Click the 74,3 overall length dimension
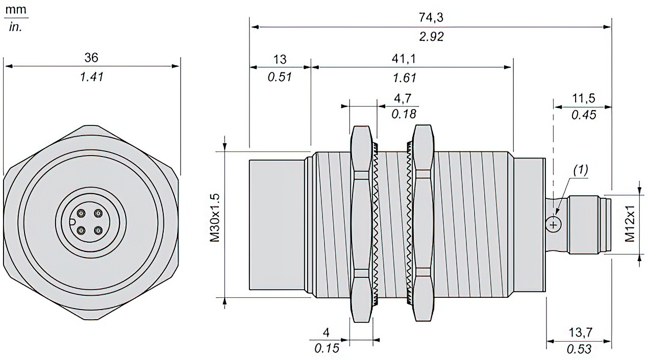pos(431,18)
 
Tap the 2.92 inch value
pos(431,37)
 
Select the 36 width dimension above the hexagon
pos(91,58)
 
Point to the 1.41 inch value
pos(91,77)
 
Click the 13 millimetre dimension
pos(280,59)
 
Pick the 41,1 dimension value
pos(404,59)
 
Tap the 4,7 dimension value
pos(403,98)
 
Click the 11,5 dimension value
pos(584,98)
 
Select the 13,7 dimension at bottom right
pos(581,332)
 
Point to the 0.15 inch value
pos(327,348)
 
